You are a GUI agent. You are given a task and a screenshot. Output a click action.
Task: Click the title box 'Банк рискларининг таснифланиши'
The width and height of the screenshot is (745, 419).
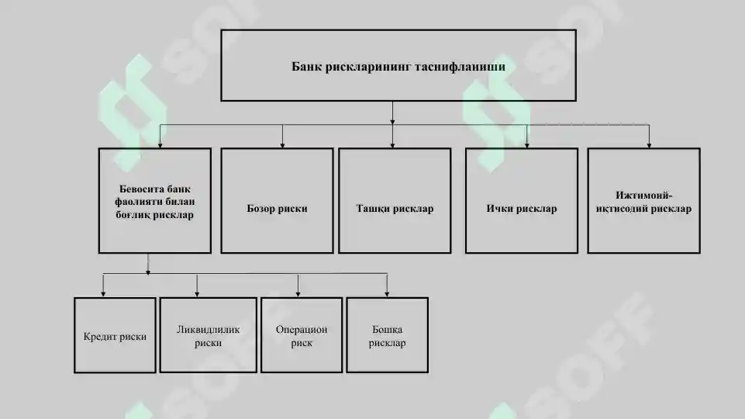[x=398, y=66]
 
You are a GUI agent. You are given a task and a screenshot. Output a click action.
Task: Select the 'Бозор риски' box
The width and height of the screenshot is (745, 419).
[x=277, y=201]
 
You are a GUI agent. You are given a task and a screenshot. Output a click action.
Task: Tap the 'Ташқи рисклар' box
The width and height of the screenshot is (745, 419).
[x=395, y=201]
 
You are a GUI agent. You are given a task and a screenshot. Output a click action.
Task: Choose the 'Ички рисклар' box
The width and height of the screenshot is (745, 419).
[x=522, y=201]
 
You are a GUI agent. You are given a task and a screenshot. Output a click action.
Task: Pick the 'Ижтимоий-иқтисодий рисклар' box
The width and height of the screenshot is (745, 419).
[x=643, y=201]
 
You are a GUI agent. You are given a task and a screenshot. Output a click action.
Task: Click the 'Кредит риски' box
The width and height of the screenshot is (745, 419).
[x=115, y=335]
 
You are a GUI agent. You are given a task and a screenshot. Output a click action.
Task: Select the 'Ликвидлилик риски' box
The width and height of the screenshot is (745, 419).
[x=208, y=335]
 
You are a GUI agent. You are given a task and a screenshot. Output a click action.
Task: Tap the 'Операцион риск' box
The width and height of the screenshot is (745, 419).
[x=302, y=335]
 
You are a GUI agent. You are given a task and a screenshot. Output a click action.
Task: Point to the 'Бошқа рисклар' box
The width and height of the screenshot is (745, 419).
[x=387, y=335]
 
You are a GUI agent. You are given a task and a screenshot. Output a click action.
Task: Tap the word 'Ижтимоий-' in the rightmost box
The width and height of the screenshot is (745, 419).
[x=643, y=195]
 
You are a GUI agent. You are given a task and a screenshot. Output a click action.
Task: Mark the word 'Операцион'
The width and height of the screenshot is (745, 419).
[x=302, y=330]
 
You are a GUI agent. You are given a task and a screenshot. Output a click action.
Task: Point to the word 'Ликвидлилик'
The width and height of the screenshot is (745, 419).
[x=208, y=330]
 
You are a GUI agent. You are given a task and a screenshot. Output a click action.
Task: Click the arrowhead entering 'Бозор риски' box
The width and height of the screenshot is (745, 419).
[x=282, y=144]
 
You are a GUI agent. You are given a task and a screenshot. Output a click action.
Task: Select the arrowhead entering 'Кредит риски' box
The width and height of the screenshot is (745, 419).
[x=103, y=293]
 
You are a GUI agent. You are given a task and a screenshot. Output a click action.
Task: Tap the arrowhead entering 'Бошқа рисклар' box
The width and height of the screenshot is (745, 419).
[x=387, y=293]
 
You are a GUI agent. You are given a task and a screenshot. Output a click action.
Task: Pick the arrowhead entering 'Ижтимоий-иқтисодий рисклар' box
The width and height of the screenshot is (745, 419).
[x=649, y=144]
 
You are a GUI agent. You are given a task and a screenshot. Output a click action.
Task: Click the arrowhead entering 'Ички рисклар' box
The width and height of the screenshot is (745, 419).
[x=527, y=144]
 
